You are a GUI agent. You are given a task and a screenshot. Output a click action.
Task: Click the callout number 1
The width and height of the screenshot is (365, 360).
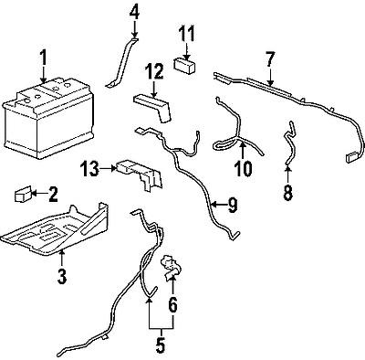[42, 62]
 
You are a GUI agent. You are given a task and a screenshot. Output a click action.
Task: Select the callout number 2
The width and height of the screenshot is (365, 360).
[53, 193]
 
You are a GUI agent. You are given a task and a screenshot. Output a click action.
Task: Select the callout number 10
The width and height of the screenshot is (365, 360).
[243, 169]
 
